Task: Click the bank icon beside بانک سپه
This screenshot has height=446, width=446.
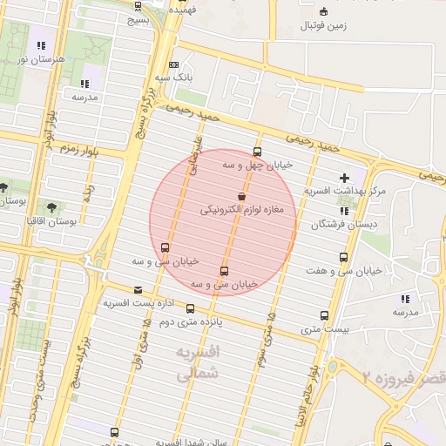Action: pyautogui.click(x=173, y=64)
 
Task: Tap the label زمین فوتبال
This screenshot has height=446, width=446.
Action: pyautogui.click(x=323, y=26)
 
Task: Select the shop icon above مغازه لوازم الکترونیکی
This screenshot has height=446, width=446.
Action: pyautogui.click(x=240, y=197)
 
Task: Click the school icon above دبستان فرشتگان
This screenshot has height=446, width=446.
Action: pyautogui.click(x=344, y=211)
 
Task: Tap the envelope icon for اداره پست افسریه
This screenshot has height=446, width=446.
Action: pyautogui.click(x=137, y=290)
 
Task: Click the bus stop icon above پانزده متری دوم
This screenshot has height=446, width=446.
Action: pyautogui.click(x=190, y=308)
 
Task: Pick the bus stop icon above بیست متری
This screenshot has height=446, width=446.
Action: pyautogui.click(x=324, y=315)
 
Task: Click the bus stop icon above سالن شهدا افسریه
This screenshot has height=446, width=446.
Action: pyautogui.click(x=114, y=432)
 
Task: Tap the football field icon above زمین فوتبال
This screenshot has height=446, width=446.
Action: pyautogui.click(x=324, y=12)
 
